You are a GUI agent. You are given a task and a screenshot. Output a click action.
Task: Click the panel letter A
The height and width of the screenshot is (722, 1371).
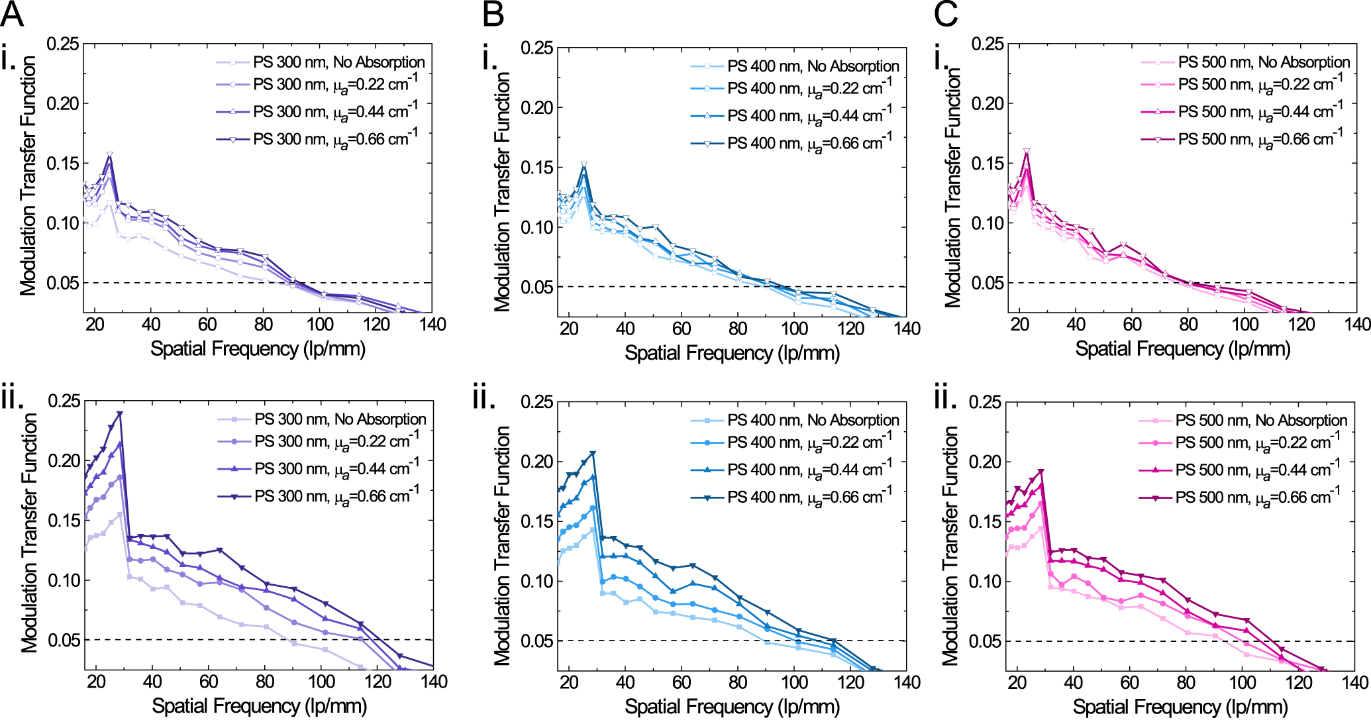click(x=12, y=15)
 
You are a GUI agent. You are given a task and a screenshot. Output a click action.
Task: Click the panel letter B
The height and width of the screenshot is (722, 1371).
click(x=493, y=15)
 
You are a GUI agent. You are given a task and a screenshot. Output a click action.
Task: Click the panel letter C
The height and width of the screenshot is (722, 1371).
click(x=946, y=15)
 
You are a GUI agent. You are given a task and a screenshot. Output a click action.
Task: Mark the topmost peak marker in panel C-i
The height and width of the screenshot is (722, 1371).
click(x=1027, y=152)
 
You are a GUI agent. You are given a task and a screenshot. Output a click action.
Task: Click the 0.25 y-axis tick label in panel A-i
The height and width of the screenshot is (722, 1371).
click(x=63, y=44)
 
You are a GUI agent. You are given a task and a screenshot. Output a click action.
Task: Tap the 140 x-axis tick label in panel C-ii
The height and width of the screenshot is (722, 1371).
click(x=1355, y=682)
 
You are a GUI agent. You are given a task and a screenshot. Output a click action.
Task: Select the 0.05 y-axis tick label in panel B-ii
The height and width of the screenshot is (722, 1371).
click(x=537, y=641)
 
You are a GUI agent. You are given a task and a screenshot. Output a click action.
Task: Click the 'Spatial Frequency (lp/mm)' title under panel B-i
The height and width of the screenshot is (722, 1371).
click(x=732, y=353)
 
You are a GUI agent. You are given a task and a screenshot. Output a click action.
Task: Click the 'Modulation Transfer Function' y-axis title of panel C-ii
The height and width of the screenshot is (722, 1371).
click(x=951, y=546)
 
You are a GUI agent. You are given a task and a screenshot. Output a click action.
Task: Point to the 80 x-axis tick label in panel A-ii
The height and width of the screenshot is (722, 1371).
click(x=265, y=682)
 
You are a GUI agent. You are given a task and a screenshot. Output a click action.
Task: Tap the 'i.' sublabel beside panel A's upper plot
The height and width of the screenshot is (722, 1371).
click(x=9, y=60)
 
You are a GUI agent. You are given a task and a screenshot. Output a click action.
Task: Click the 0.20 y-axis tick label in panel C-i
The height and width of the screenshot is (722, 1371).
click(x=988, y=104)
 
